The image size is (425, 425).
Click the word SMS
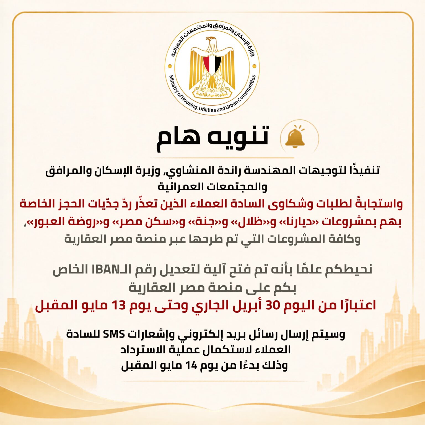[x=114, y=334]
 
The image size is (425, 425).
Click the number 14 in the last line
[x=191, y=366]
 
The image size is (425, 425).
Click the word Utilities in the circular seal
[x=207, y=109]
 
